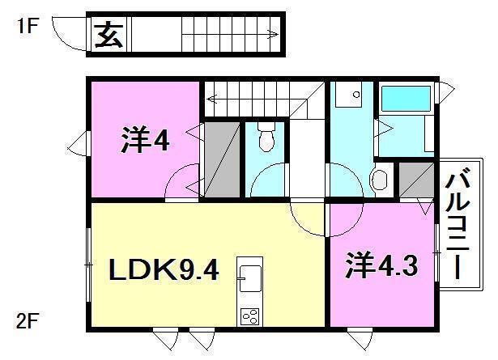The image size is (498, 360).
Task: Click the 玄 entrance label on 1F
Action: [109, 35]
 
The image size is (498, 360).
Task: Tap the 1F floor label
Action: [27, 25]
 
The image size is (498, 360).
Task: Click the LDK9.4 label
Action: [164, 269]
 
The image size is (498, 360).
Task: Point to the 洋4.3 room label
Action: [381, 265]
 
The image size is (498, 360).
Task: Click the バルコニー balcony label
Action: [458, 227]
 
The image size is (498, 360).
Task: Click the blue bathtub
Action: [406, 99]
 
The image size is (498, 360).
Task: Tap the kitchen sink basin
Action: [250, 278]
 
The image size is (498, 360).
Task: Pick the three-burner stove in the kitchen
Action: [250, 316]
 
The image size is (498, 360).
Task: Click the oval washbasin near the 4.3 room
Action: [380, 180]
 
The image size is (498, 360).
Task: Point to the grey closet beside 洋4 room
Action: [222, 159]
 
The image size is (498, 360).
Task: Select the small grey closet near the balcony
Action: [417, 180]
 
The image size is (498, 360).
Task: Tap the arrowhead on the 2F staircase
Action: [211, 100]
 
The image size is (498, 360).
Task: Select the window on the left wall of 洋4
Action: [78, 144]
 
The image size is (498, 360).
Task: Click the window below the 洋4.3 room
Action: [360, 339]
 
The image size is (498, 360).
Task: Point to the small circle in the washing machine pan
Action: [356, 94]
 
